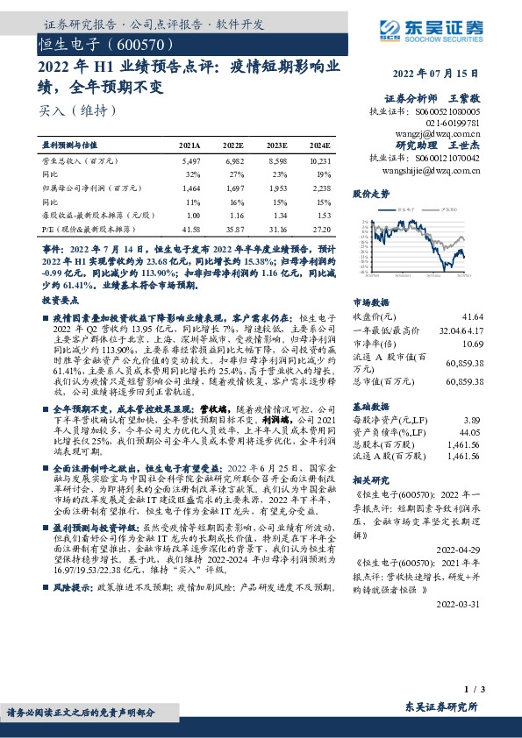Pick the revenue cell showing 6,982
(234, 161)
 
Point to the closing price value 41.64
(472, 316)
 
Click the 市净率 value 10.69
(472, 344)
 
